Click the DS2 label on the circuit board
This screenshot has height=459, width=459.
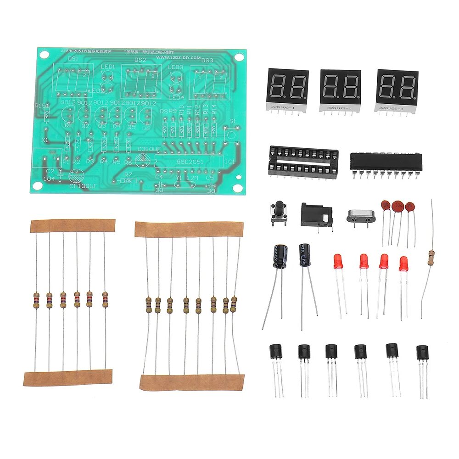[140, 60]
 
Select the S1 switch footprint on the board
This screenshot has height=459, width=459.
[232, 133]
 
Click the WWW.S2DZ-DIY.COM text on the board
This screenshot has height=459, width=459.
[179, 57]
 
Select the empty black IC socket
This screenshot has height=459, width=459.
[303, 161]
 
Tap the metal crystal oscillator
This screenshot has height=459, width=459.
[359, 216]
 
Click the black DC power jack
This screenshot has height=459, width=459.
[317, 214]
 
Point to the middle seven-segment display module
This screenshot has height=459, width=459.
[340, 89]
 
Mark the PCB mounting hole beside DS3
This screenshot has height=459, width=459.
[239, 58]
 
